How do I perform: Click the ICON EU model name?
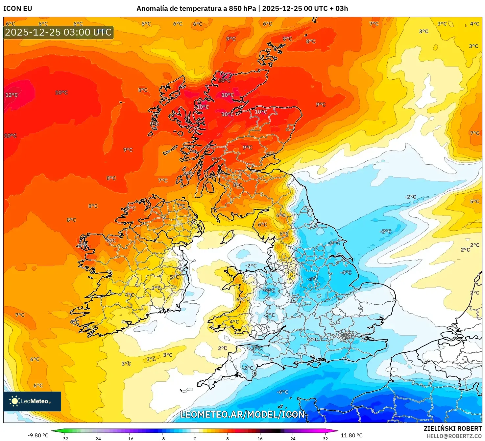(18, 9)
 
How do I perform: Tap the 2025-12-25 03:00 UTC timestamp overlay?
(59, 32)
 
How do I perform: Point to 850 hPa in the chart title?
(242, 9)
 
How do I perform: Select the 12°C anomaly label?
(12, 95)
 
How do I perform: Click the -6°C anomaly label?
(282, 392)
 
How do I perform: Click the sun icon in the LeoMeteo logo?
(14, 401)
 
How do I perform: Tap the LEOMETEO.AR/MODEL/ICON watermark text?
(243, 414)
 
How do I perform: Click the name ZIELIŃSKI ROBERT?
(453, 428)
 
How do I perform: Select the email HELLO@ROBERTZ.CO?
(454, 436)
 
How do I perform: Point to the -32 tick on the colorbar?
(65, 438)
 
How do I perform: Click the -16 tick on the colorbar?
(130, 438)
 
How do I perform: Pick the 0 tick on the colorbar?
(195, 438)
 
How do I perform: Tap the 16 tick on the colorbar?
(260, 438)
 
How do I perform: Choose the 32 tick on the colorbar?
(325, 438)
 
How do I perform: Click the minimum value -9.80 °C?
(38, 435)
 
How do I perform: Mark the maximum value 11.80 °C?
(352, 435)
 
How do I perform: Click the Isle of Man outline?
(228, 237)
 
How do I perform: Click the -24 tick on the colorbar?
(97, 438)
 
